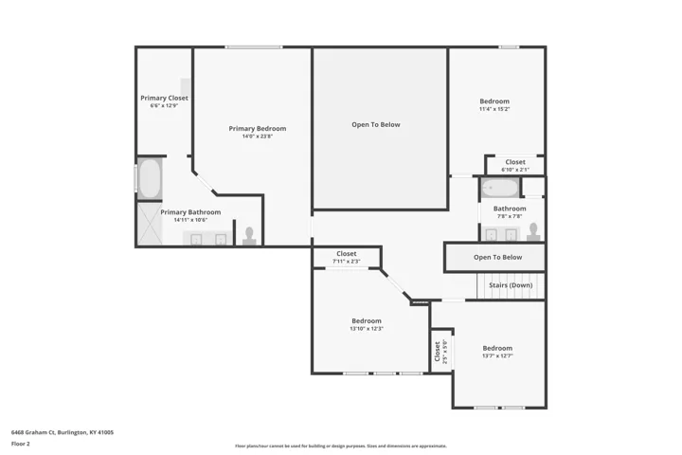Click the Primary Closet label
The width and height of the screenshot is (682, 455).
165,98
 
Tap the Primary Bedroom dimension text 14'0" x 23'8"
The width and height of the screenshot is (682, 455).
258,136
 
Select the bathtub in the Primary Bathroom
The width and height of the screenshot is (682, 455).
150,178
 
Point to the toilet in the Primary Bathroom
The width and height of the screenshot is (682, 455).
249,236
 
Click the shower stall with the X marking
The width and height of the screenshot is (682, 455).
150,224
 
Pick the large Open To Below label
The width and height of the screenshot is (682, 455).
376,124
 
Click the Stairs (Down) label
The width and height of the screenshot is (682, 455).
511,285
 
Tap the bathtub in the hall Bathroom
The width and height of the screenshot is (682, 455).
500,188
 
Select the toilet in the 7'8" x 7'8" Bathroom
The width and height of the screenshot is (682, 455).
533,231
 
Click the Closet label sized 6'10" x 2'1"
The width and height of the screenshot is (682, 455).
515,162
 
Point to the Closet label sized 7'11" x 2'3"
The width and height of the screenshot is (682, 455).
347,253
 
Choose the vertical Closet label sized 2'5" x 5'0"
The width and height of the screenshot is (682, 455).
437,352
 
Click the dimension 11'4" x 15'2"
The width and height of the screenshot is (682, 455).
494,109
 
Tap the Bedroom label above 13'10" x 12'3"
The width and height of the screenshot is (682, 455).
367,321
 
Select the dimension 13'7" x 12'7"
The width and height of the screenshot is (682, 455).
497,355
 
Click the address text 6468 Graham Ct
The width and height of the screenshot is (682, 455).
33,432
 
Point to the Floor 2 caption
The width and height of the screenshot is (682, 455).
21,444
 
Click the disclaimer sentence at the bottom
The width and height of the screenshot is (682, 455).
341,446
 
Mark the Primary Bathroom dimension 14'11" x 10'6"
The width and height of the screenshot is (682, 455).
190,220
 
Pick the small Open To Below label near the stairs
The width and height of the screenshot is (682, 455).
497,257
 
